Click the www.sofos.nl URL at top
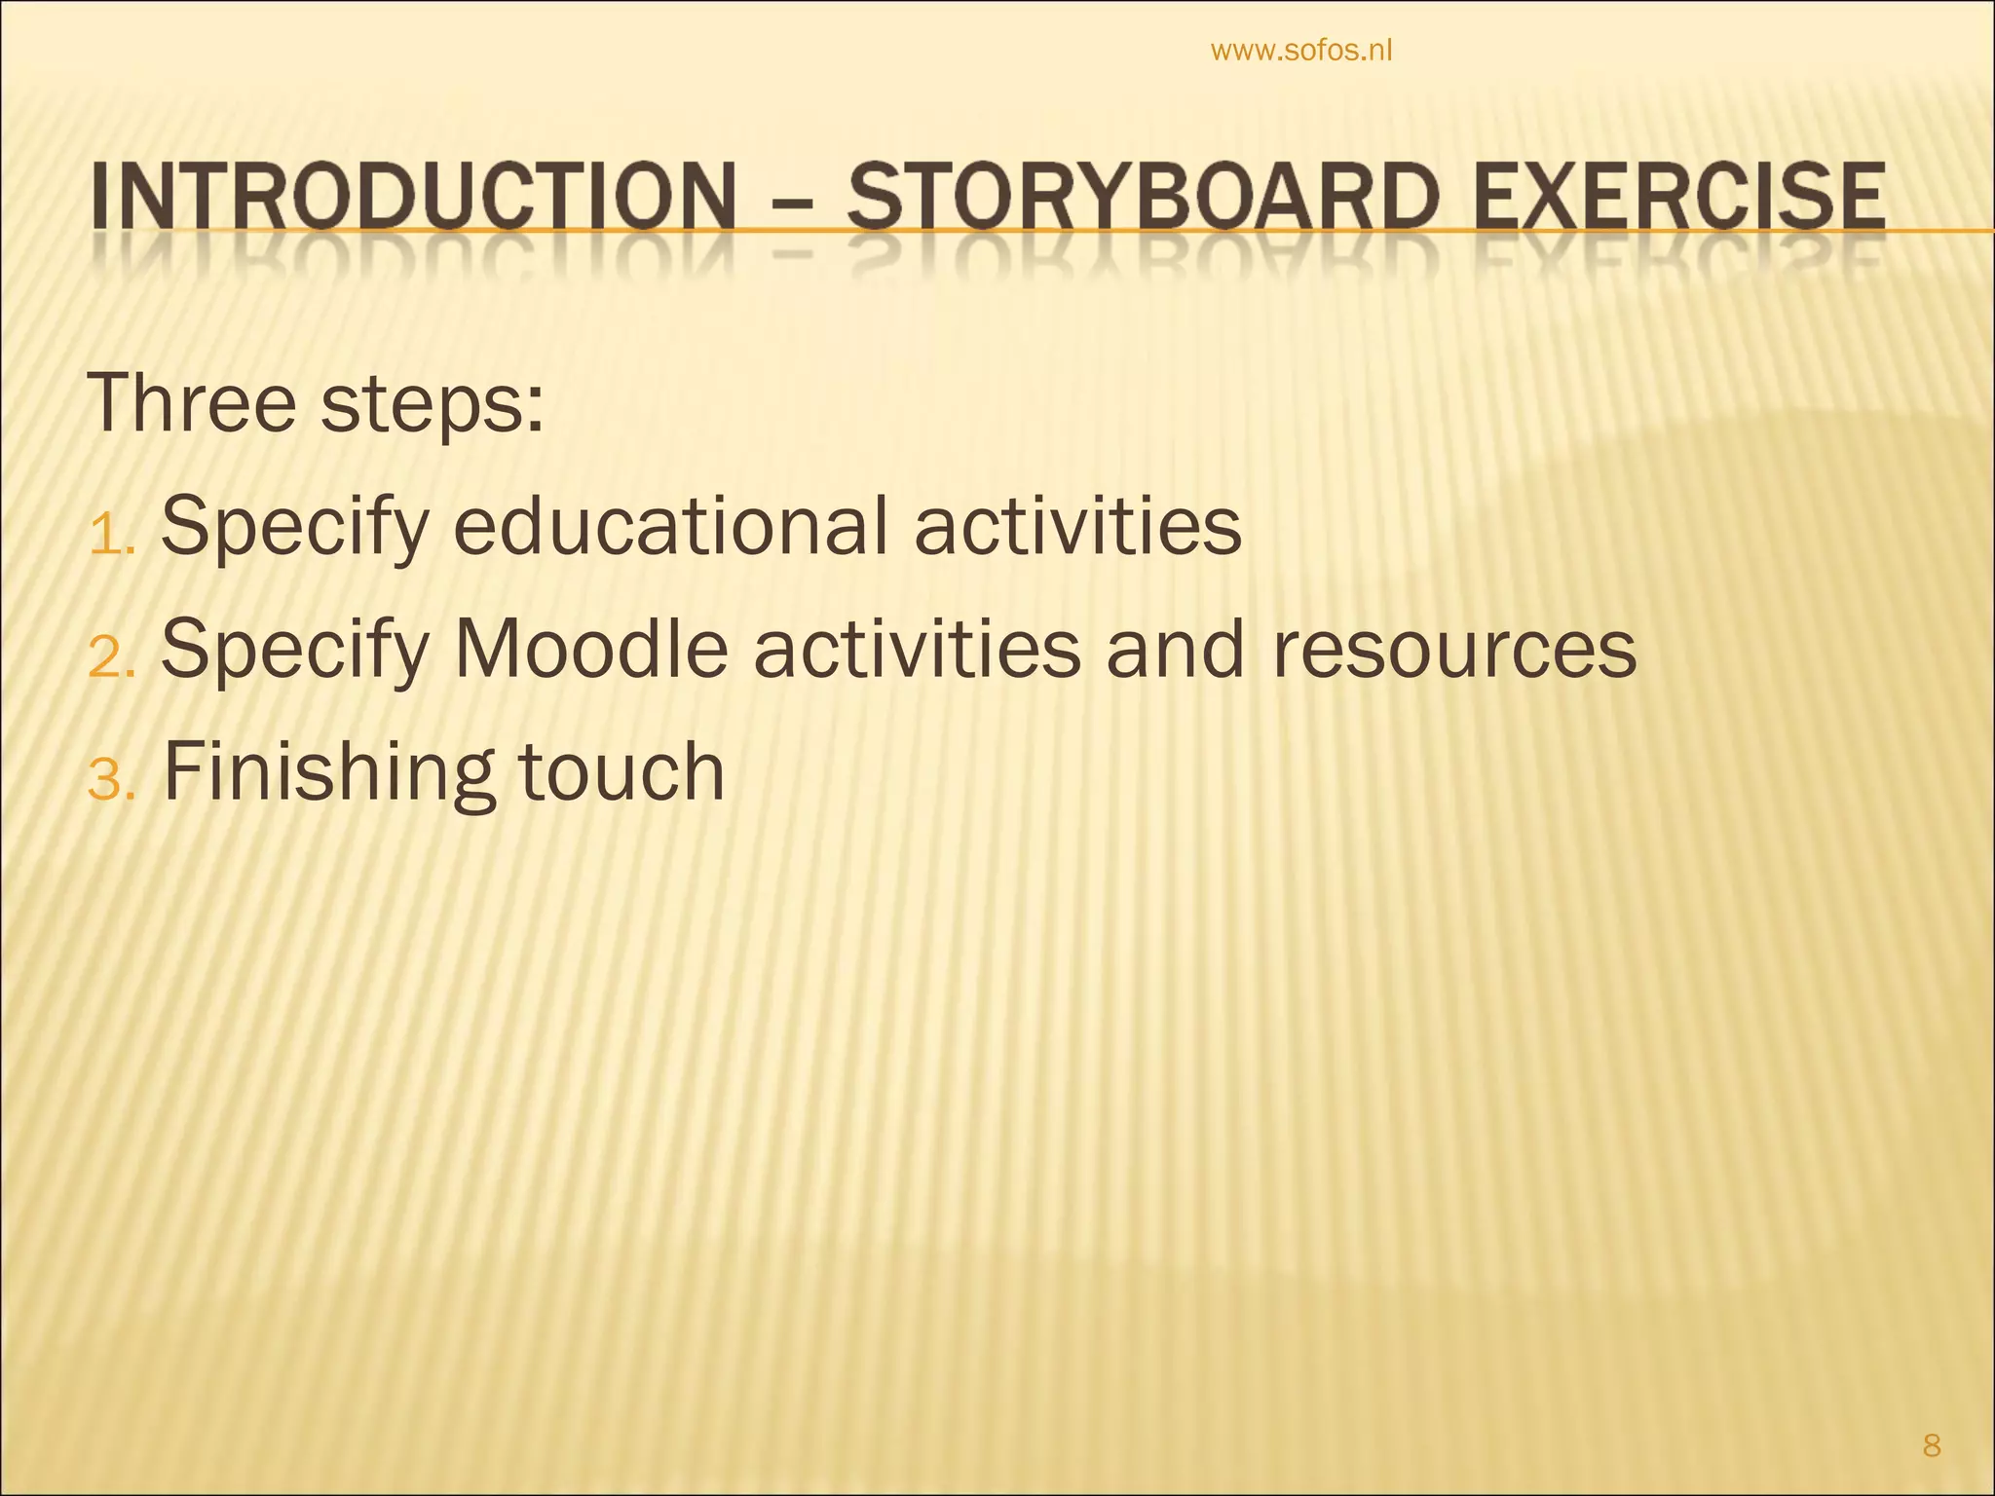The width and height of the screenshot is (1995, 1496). point(1300,51)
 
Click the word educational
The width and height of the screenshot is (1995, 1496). point(671,527)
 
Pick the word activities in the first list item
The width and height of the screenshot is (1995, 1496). point(1077,527)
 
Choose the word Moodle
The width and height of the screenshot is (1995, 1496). point(590,650)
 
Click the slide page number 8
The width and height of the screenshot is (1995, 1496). point(1932,1446)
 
